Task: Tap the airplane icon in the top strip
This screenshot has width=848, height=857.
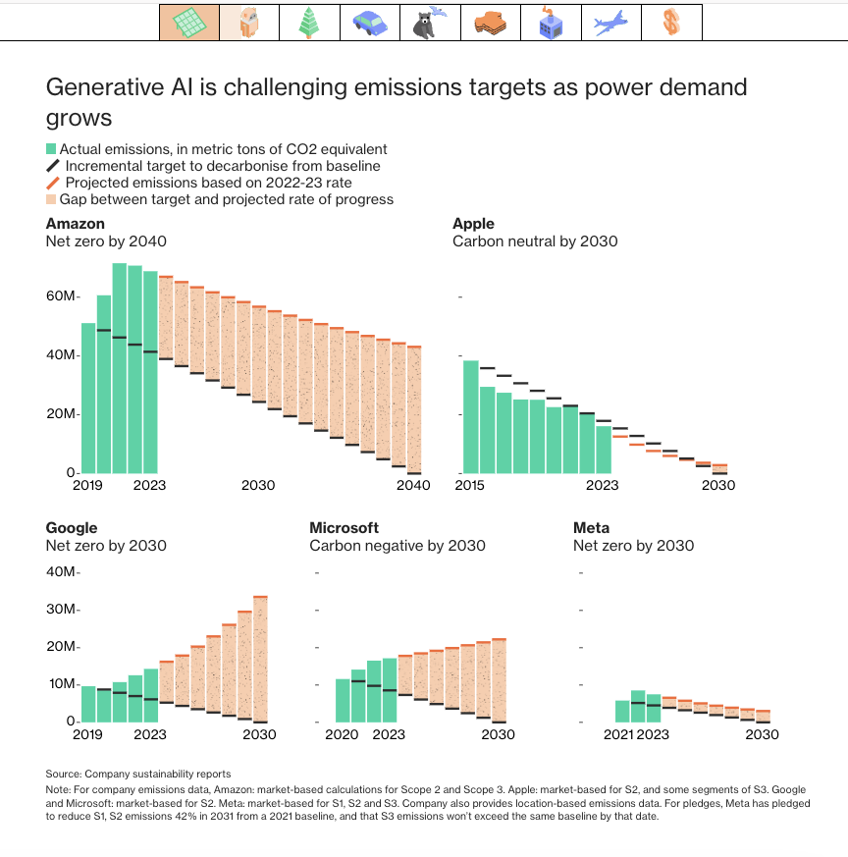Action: click(610, 23)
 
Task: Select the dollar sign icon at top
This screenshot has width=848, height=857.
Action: click(671, 23)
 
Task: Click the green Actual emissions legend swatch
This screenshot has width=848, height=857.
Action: click(51, 149)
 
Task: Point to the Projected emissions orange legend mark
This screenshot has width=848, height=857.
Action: click(51, 183)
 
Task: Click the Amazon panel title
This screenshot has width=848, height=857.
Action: click(75, 224)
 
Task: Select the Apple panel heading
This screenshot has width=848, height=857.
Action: click(473, 224)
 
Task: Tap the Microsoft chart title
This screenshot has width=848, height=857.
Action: click(344, 528)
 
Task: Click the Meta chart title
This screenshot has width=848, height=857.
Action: click(591, 528)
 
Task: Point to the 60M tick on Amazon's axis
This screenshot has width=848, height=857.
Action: click(61, 296)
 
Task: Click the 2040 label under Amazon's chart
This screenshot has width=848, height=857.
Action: click(413, 485)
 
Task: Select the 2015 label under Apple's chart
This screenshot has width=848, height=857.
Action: click(471, 485)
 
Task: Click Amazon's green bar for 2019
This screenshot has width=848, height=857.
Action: click(88, 399)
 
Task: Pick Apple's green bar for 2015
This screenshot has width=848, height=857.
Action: click(471, 417)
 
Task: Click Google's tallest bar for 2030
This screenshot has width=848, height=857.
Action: click(260, 660)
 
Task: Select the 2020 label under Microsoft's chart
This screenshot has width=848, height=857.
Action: click(343, 734)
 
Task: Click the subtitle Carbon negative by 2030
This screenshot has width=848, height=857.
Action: click(397, 546)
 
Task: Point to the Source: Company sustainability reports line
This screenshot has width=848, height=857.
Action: click(138, 775)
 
